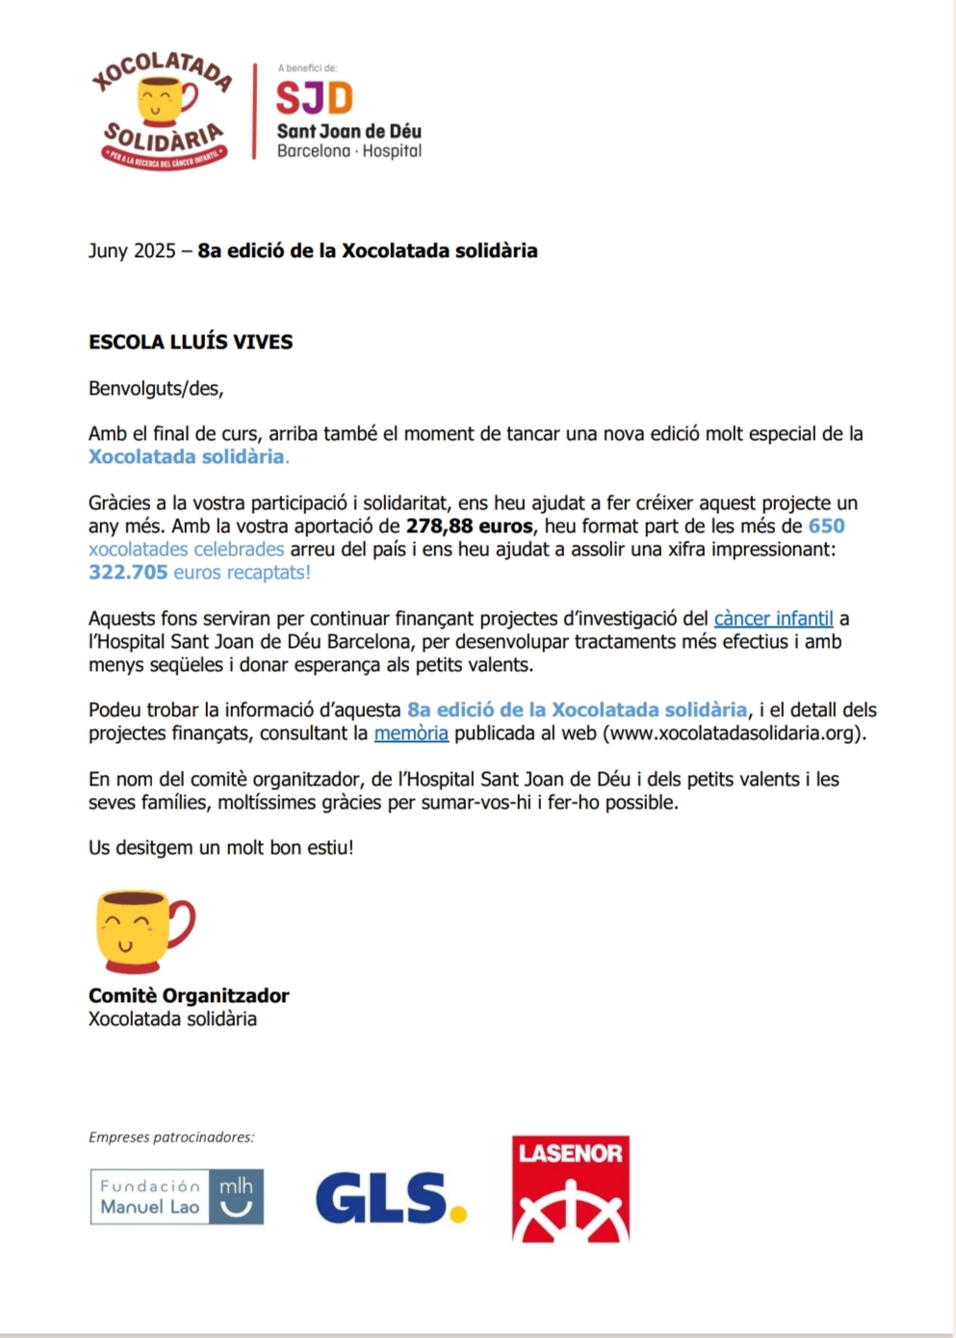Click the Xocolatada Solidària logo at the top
click(x=162, y=111)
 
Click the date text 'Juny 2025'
click(x=132, y=251)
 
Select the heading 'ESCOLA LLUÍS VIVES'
click(x=191, y=342)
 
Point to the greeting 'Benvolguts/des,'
click(x=156, y=389)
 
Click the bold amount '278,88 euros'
click(x=469, y=527)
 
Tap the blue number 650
click(x=826, y=527)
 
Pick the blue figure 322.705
click(x=128, y=573)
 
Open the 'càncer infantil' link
click(x=773, y=619)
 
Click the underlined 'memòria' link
click(x=411, y=733)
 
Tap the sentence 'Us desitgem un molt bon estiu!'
click(x=220, y=848)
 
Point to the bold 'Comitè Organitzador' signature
click(x=189, y=996)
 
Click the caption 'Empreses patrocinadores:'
click(x=171, y=1137)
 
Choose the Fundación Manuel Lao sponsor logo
click(x=176, y=1196)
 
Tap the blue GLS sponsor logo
click(x=381, y=1198)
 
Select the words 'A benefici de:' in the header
click(x=307, y=68)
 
